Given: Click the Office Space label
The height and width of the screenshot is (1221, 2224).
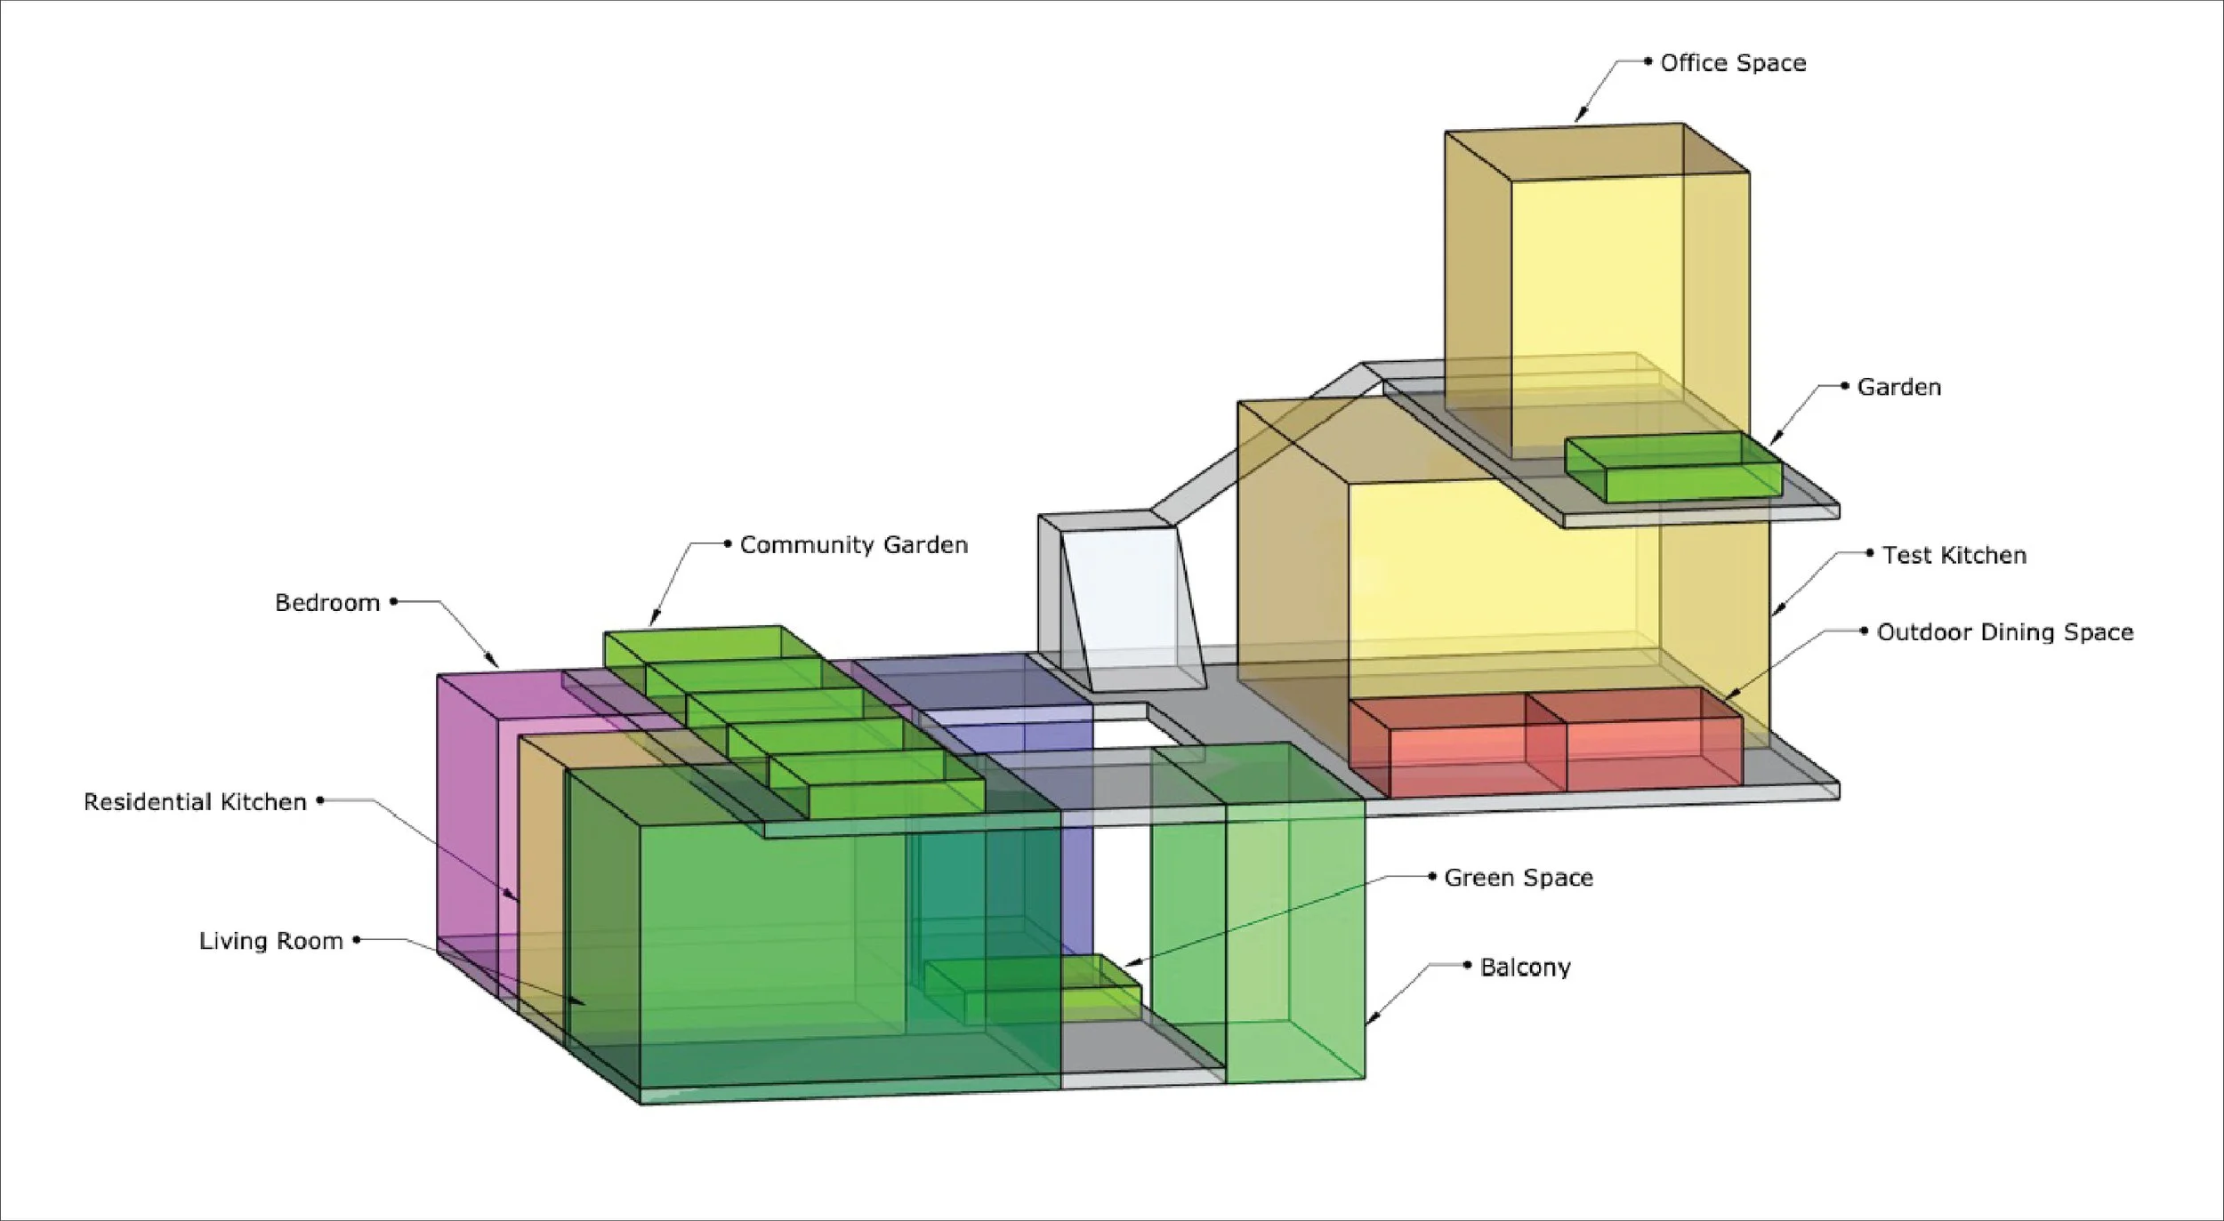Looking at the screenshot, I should click(1733, 63).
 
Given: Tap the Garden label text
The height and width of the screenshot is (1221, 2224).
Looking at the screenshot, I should click(1898, 388).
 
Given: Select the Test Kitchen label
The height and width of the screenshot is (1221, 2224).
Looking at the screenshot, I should click(1954, 556).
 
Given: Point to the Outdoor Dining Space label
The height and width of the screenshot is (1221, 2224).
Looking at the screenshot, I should click(2004, 632).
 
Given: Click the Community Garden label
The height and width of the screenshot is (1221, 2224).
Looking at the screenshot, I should click(853, 545).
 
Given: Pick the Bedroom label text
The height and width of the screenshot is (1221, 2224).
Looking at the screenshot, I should click(327, 603).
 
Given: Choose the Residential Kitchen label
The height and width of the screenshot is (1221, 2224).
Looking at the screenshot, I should click(195, 802).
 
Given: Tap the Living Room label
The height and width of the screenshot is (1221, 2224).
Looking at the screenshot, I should click(270, 941).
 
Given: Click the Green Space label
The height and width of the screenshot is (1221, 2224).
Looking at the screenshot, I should click(1518, 878).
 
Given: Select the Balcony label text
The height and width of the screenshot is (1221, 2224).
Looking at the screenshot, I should click(1525, 968).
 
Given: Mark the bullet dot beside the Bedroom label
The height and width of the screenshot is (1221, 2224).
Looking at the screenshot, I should click(393, 602).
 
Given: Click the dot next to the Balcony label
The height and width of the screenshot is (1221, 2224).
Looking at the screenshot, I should click(1467, 965).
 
